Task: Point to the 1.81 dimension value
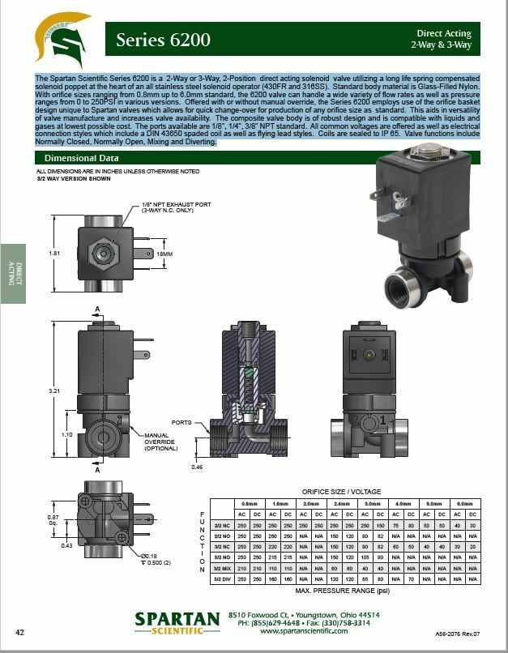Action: click(55, 254)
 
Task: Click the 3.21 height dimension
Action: click(55, 391)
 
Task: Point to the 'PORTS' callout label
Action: click(181, 422)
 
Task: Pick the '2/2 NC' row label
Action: click(221, 525)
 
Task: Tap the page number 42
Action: click(20, 632)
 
